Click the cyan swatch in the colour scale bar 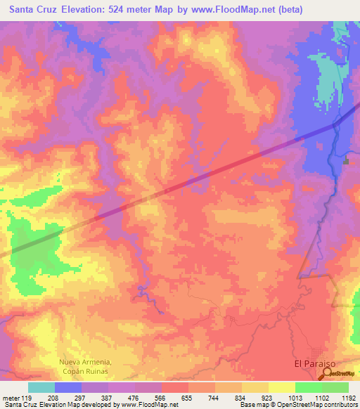41,387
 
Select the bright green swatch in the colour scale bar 308,387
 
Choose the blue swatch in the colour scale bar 68,387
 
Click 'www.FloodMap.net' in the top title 235,11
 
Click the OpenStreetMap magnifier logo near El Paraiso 328,375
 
